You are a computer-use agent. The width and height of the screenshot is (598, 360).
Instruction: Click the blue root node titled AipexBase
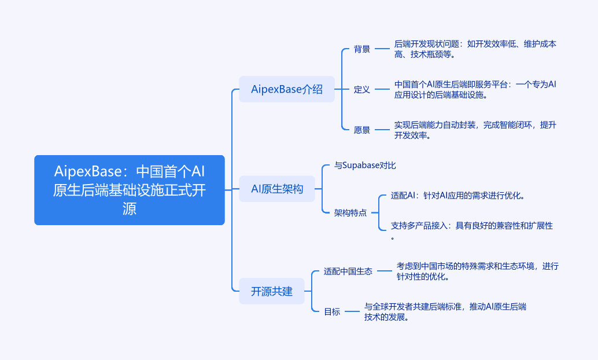click(130, 190)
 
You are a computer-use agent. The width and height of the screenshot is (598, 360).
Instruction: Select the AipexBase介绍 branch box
click(287, 89)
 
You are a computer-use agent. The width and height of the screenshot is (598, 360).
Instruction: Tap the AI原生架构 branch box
click(276, 189)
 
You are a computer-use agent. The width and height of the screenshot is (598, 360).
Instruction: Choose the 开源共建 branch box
click(272, 291)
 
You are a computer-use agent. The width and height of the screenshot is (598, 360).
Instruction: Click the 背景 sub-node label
click(362, 49)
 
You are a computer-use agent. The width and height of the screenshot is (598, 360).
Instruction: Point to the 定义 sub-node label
click(362, 90)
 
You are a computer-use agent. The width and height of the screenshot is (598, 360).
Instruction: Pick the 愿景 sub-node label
click(362, 130)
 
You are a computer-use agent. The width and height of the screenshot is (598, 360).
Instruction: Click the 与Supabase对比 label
click(365, 166)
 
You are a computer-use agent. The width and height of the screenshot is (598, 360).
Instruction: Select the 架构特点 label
click(350, 212)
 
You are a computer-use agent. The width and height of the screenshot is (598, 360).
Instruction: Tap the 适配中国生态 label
click(348, 271)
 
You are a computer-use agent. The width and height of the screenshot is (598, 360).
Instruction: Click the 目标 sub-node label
click(332, 311)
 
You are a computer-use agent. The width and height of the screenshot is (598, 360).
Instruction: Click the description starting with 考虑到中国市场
click(478, 271)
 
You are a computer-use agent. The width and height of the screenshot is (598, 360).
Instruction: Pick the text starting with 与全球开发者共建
click(445, 311)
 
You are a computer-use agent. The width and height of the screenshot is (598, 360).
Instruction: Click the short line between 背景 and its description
click(383, 49)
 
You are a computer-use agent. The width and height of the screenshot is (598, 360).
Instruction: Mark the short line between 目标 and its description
click(352, 311)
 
